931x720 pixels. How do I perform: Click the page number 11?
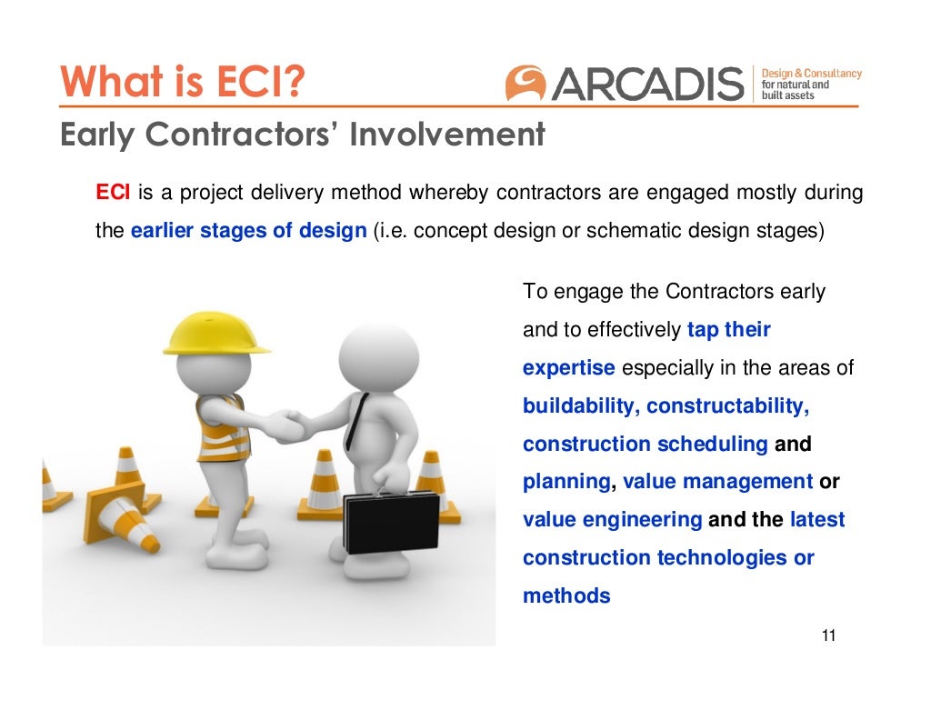point(827,635)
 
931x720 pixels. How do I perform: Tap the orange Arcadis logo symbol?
point(526,83)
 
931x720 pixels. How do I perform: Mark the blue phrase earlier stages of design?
point(248,231)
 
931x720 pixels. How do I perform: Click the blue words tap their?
point(728,330)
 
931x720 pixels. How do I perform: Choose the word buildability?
point(579,406)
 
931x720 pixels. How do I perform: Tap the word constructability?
point(727,406)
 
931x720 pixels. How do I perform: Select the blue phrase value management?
point(717,482)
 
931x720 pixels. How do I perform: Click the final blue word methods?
point(566,596)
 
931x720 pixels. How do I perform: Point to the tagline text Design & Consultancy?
point(811,73)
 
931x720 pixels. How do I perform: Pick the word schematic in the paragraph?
point(634,231)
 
